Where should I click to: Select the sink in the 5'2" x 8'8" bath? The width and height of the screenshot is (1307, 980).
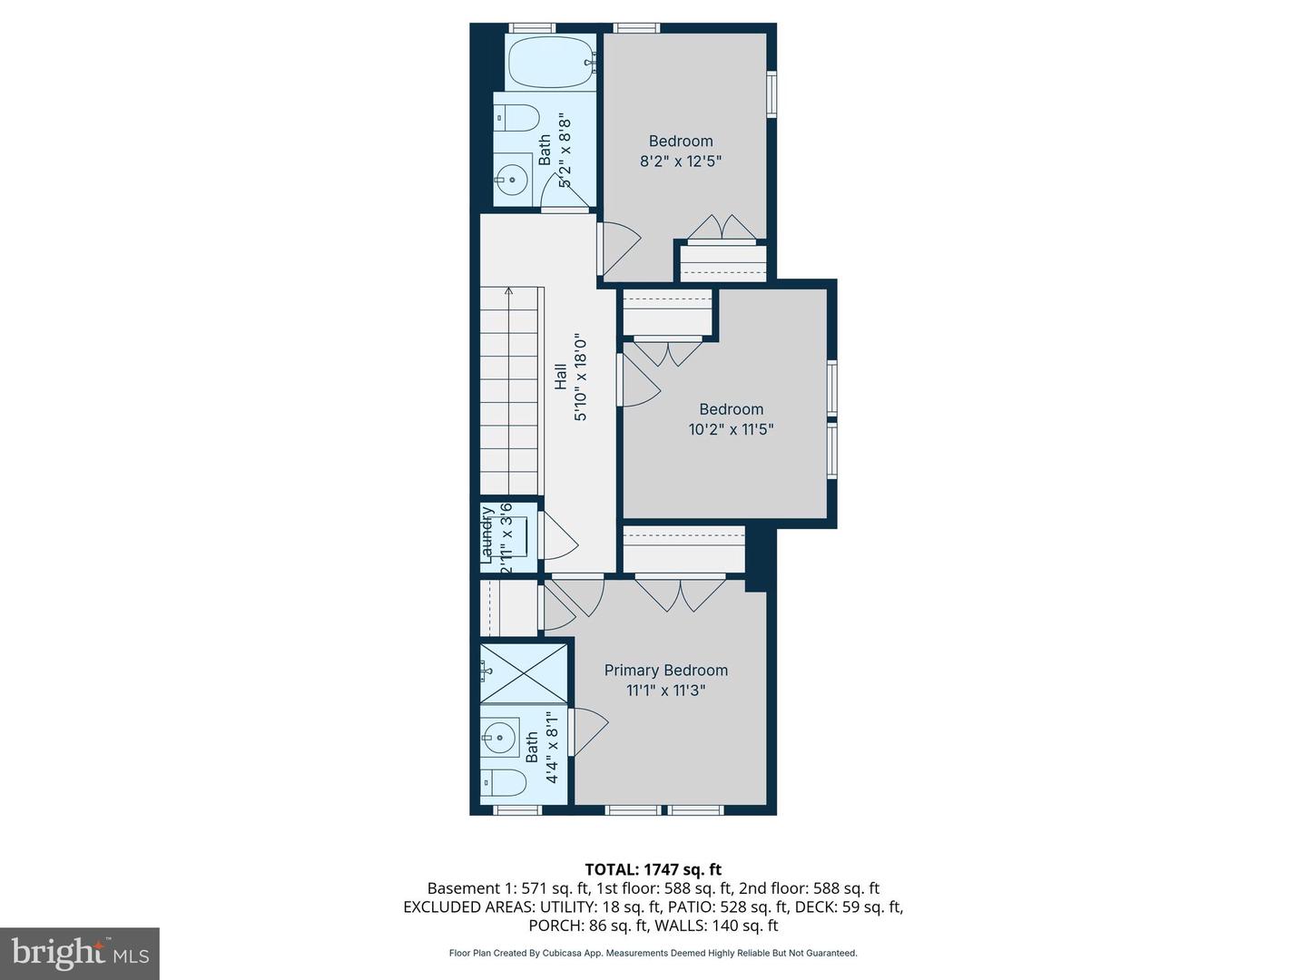pos(514,180)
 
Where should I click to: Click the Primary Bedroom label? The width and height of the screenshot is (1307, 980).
pos(666,671)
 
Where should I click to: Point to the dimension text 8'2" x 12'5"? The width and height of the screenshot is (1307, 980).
pos(681,162)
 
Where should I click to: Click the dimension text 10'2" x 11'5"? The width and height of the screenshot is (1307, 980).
pos(731,430)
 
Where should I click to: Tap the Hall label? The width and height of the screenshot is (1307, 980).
pos(561,377)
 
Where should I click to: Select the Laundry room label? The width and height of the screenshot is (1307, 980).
pos(487,535)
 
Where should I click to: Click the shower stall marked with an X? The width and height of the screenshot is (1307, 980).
pos(524,672)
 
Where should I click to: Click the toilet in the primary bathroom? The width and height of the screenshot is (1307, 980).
pos(503,782)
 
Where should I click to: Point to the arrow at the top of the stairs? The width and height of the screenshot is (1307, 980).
pos(509,292)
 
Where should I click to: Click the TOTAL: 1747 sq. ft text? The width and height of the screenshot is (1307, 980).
pos(653,869)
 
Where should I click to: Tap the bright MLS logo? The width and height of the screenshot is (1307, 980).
pos(80,953)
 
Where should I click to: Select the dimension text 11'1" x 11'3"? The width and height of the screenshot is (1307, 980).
pos(666,691)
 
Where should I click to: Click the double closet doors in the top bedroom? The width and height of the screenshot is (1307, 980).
pos(722,229)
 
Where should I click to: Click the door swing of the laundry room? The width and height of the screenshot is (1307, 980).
pos(558,536)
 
